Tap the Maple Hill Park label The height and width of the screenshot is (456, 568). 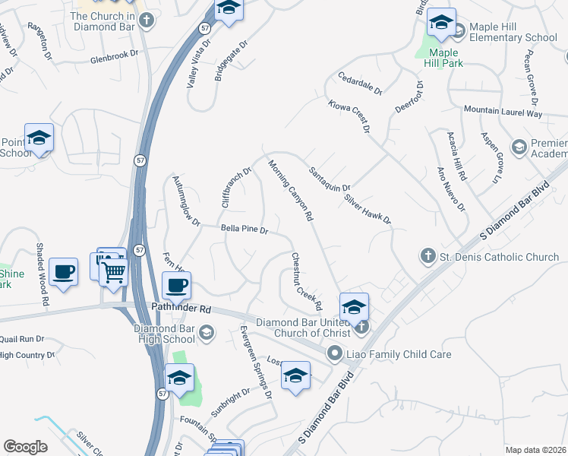[x=446, y=58]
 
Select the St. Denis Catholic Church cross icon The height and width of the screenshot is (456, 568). [x=428, y=257]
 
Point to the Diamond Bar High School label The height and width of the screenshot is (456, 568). [x=164, y=334]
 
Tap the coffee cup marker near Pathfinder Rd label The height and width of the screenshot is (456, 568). [x=177, y=287]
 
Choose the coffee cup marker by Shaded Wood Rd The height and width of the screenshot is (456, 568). [x=63, y=272]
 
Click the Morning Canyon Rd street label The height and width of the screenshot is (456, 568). [x=291, y=189]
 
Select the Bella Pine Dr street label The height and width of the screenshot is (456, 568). [x=245, y=229]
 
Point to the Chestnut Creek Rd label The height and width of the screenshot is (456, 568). [x=307, y=282]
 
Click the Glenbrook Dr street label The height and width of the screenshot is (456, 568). [x=115, y=55]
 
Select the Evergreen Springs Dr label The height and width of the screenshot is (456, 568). [x=256, y=362]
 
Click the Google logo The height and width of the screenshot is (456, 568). [x=25, y=447]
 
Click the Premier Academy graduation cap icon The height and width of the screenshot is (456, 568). [x=519, y=146]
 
